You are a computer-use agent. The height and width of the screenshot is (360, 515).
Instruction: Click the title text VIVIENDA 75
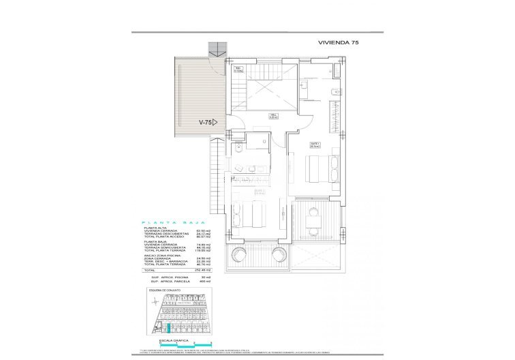coord(339,42)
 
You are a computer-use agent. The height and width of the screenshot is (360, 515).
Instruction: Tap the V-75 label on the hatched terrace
coord(204,123)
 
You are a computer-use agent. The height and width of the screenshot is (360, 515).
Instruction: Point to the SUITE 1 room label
coord(314,143)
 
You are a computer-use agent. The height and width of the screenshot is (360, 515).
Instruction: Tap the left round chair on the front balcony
coord(240,256)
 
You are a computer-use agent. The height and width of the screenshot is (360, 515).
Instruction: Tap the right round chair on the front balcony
coord(280,256)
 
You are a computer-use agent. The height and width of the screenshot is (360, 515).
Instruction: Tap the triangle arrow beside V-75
coord(215,123)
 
